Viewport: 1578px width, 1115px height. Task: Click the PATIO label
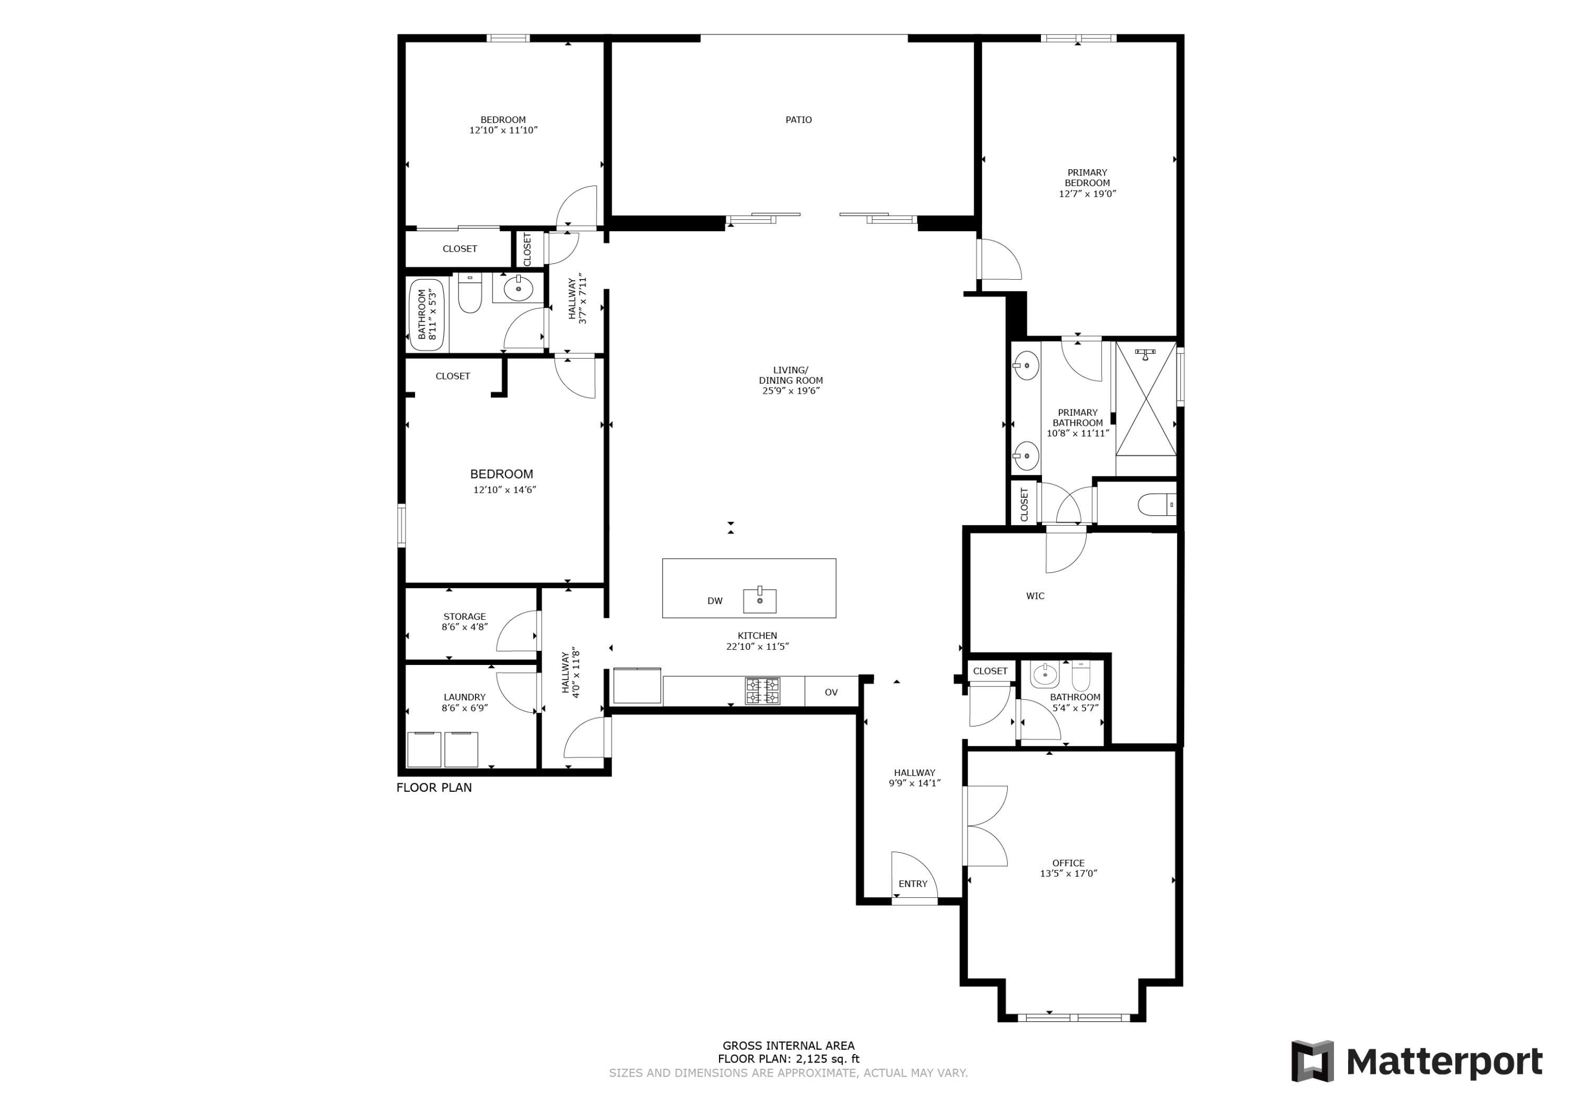pyautogui.click(x=798, y=119)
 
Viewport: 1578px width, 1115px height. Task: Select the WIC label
pyautogui.click(x=1035, y=596)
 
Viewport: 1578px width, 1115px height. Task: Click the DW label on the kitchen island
pyautogui.click(x=715, y=600)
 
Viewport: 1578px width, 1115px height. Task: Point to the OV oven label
pyautogui.click(x=831, y=692)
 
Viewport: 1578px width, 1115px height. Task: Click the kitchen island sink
pyautogui.click(x=760, y=600)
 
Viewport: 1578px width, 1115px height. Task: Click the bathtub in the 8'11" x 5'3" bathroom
pyautogui.click(x=427, y=315)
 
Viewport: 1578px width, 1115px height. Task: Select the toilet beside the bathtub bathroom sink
pyautogui.click(x=469, y=293)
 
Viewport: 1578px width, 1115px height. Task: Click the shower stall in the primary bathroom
pyautogui.click(x=1146, y=398)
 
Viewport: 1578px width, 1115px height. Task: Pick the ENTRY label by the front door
pyautogui.click(x=913, y=884)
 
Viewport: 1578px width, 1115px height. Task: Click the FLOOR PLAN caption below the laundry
pyautogui.click(x=434, y=787)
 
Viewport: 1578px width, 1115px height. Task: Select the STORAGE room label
pyautogui.click(x=464, y=616)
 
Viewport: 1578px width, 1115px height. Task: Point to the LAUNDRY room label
pyautogui.click(x=464, y=697)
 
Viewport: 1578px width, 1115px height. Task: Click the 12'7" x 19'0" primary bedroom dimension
pyautogui.click(x=1087, y=194)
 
